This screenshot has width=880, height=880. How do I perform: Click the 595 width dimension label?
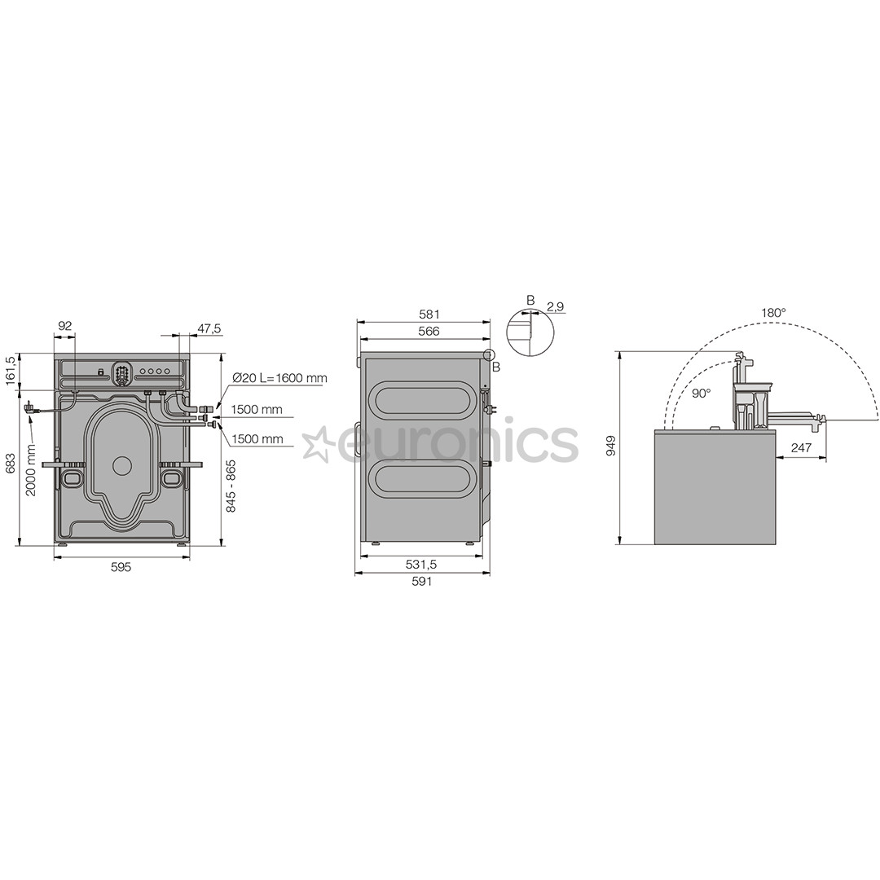coord(121,567)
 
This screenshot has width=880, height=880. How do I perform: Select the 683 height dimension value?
coord(10,463)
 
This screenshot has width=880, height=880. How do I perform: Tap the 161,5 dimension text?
coord(10,372)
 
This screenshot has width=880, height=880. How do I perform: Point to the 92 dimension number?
coord(65,326)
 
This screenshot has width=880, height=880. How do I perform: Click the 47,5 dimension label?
coord(209,328)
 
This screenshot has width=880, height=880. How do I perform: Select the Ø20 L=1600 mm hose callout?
coord(279,378)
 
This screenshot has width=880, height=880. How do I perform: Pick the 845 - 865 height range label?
coord(231,486)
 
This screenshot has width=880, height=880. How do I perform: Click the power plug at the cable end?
coord(31,407)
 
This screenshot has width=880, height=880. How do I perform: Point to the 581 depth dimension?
coord(429,314)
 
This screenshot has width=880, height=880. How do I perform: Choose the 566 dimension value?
coord(429,332)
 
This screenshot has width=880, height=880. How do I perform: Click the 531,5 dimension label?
coord(421,564)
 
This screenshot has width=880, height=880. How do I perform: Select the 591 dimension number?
coord(421,581)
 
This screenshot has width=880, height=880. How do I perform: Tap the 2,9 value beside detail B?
coord(556,306)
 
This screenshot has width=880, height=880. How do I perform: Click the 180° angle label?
coord(773,312)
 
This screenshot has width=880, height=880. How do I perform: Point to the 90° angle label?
coord(701,393)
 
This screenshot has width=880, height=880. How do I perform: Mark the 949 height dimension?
coord(611,445)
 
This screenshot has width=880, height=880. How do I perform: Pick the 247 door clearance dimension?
coord(801,447)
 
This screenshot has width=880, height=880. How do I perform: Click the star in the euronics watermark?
coord(318,443)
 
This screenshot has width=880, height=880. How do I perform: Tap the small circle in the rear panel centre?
coord(122,466)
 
